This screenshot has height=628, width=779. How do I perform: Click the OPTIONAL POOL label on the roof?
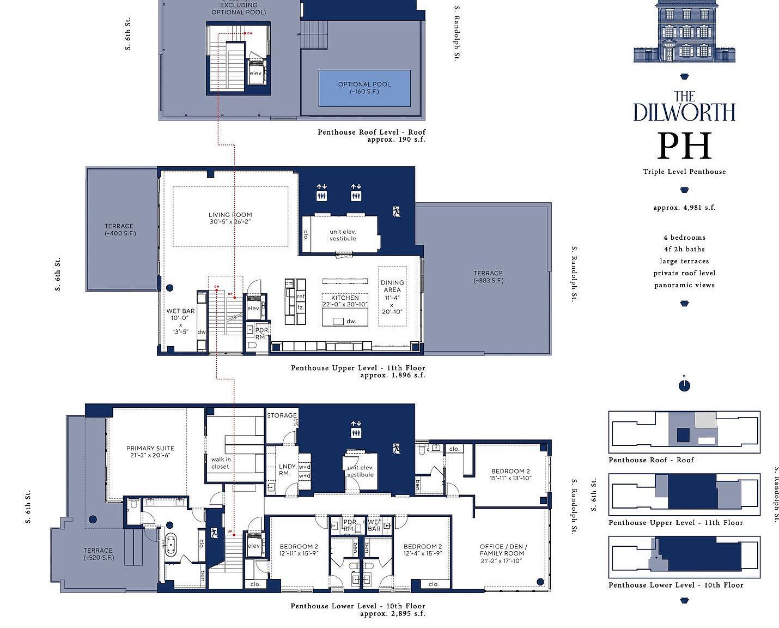(364, 88)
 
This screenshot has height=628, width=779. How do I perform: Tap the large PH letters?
(684, 146)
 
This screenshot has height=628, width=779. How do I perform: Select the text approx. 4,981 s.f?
(684, 208)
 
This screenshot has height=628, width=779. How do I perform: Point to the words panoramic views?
(684, 285)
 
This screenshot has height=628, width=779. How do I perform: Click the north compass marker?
(684, 386)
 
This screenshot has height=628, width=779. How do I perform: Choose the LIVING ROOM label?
(230, 218)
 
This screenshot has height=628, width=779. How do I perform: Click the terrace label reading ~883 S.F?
(488, 277)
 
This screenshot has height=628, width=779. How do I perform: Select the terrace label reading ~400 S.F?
(119, 230)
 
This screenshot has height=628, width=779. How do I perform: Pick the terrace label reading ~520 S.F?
(98, 554)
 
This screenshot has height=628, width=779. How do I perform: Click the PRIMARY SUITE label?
(150, 451)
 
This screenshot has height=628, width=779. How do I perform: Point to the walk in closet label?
(221, 463)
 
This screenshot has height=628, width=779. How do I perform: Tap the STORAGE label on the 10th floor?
(282, 415)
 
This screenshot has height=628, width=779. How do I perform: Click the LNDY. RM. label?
(287, 470)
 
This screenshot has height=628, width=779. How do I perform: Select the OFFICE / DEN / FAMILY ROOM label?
(503, 553)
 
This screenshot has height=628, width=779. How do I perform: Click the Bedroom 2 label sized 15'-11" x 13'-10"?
(510, 474)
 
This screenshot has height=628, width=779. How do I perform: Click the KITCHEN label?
(345, 301)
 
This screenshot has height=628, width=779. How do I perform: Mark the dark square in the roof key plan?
(683, 435)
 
